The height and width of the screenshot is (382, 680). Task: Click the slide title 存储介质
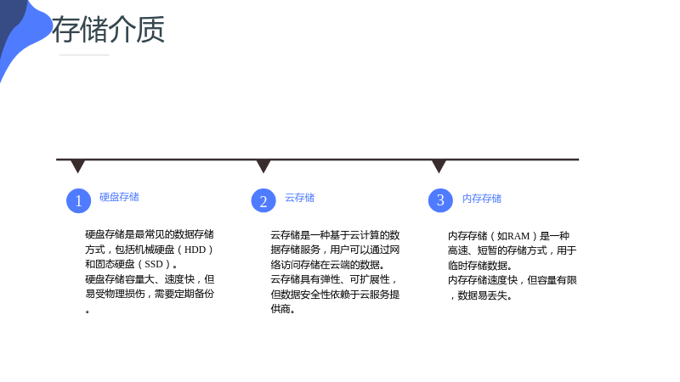[x=109, y=29]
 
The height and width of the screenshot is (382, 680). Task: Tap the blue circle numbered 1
[x=78, y=200]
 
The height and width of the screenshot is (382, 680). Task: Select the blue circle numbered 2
[x=263, y=200]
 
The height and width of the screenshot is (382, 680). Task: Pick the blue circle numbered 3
[x=440, y=200]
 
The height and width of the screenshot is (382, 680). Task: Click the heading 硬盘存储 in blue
[x=119, y=197]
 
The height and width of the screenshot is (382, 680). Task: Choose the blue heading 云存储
[x=300, y=198]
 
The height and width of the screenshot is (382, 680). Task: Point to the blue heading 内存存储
[x=482, y=199]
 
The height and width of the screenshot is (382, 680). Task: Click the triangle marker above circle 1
[x=78, y=166]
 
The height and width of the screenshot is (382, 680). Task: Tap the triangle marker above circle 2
[x=263, y=166]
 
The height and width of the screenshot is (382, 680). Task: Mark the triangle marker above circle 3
[x=439, y=166]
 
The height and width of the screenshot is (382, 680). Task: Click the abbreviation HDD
[x=195, y=250]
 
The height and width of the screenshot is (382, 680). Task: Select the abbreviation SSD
[x=154, y=265]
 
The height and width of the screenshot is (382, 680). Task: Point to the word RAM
[x=518, y=236]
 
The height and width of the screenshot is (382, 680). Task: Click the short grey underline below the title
[x=84, y=55]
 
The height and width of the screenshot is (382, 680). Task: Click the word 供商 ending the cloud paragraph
[x=283, y=309]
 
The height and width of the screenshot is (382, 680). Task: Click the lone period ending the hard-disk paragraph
[x=88, y=311]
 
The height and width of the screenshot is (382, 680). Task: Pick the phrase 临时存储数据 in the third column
[x=479, y=266]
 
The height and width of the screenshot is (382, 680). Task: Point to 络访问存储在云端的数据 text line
[x=327, y=265]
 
